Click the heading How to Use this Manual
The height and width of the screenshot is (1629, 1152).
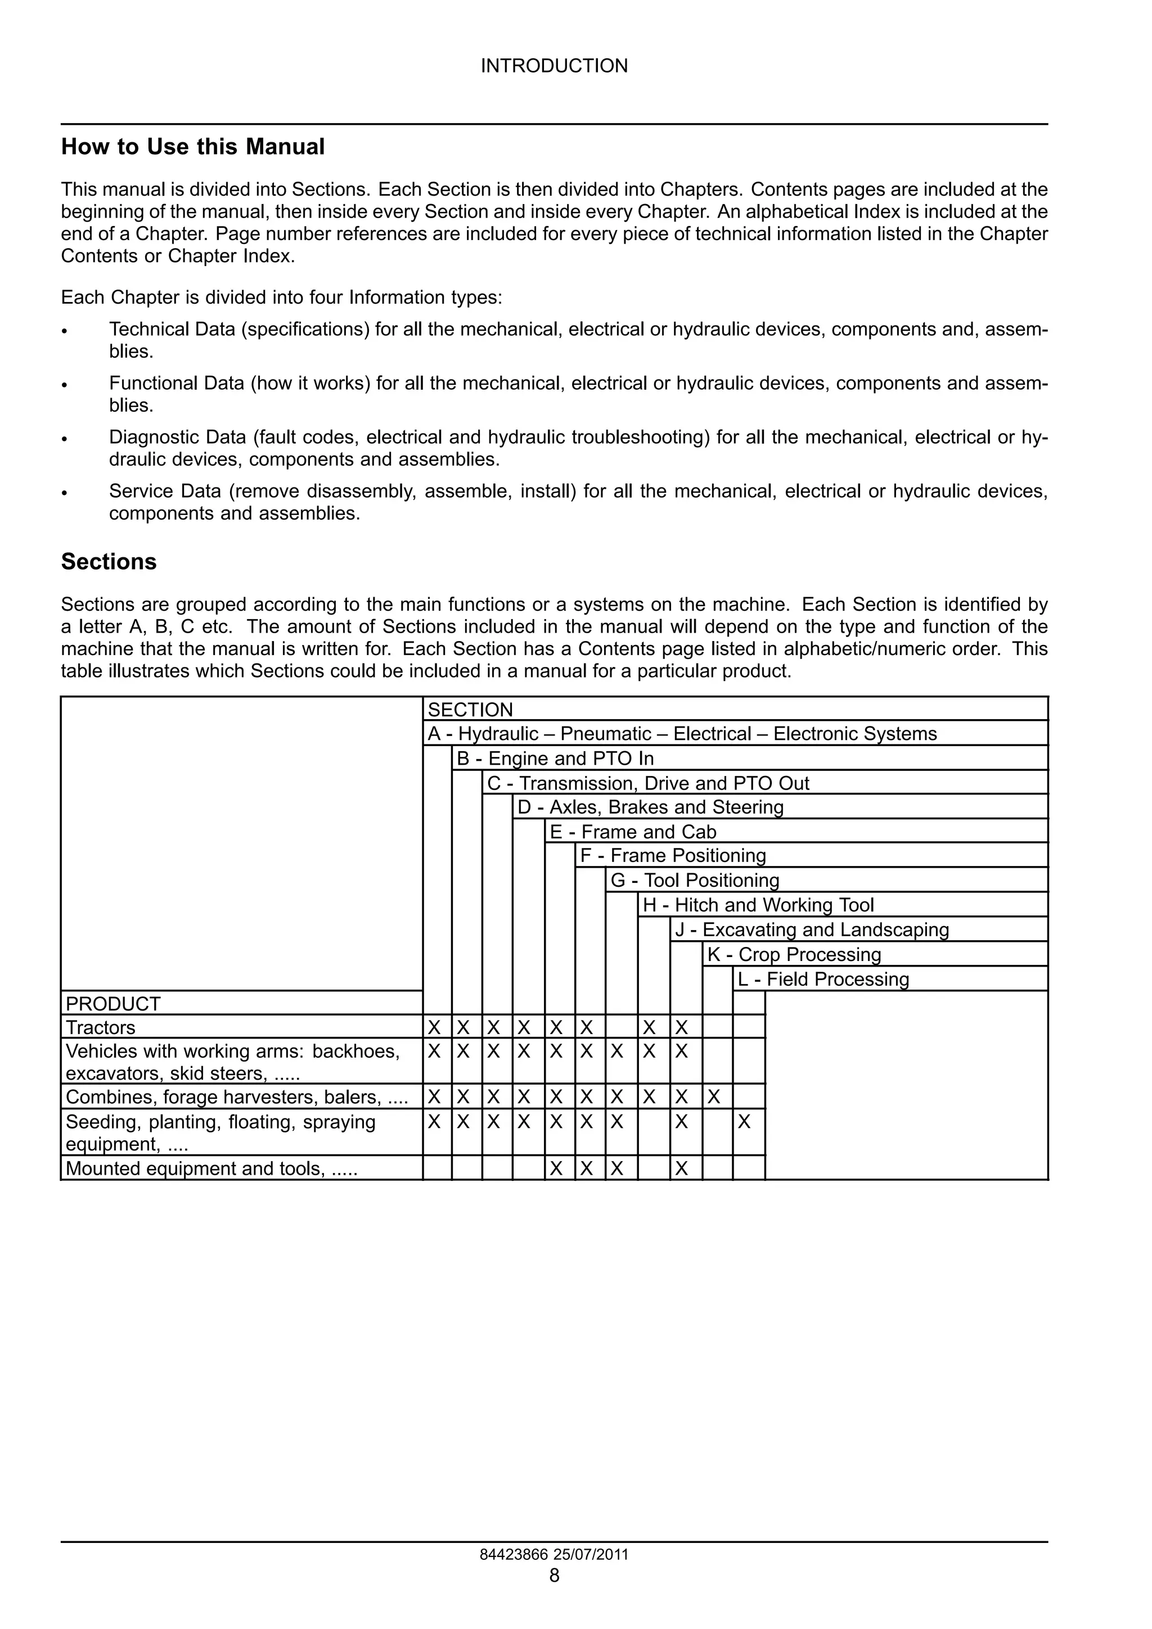192,147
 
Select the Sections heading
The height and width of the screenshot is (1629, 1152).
109,561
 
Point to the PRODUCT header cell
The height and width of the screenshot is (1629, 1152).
113,1004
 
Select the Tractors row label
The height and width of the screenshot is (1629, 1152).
100,1027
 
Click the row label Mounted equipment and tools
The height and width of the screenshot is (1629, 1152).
211,1168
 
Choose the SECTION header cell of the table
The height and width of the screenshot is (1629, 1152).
470,710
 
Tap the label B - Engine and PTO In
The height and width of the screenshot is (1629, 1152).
555,759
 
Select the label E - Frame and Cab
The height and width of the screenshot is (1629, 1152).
632,832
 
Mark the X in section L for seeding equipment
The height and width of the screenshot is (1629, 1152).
744,1122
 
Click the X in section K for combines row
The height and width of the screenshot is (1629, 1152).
714,1097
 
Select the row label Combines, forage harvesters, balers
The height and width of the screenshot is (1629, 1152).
236,1097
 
